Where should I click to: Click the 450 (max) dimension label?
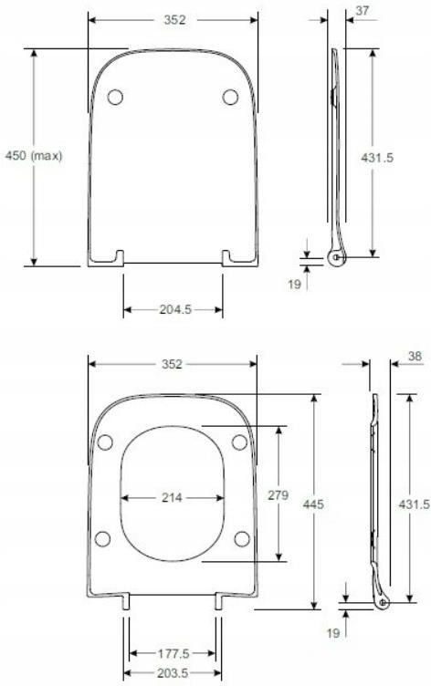[34, 155]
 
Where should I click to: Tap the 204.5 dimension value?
[175, 309]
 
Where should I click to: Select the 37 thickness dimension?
[363, 11]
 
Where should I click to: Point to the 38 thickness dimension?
[415, 356]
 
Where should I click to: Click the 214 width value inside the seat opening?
[172, 497]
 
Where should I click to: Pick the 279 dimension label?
[279, 494]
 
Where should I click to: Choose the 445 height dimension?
[313, 504]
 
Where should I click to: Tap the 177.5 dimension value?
[173, 654]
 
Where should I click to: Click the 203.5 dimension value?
[173, 673]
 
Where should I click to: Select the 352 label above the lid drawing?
[174, 20]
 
